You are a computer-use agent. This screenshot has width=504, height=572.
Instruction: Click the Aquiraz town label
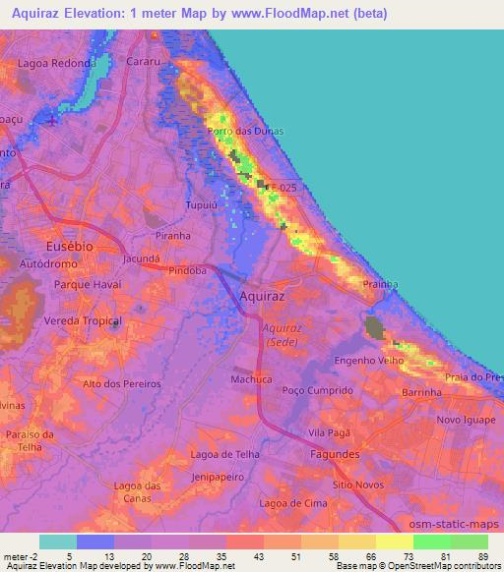pyautogui.click(x=263, y=294)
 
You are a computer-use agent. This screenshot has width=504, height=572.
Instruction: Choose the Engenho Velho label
pyautogui.click(x=365, y=361)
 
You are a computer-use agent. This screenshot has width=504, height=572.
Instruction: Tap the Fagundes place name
pyautogui.click(x=333, y=455)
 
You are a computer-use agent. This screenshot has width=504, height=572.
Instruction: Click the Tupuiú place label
pyautogui.click(x=202, y=205)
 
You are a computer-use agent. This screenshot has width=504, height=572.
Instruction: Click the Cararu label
pyautogui.click(x=144, y=61)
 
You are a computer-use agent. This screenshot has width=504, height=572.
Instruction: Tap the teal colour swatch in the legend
pyautogui.click(x=58, y=542)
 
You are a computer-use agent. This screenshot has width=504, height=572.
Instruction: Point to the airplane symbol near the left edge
pyautogui.click(x=51, y=121)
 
